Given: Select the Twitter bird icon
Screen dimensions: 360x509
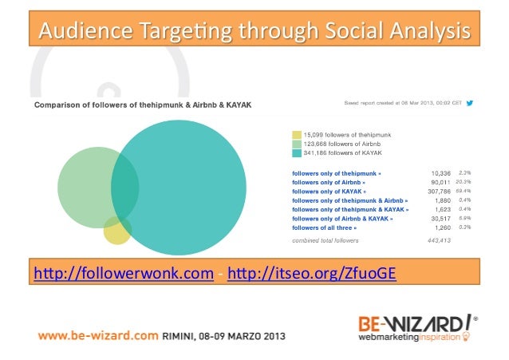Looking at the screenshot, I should click(x=470, y=103).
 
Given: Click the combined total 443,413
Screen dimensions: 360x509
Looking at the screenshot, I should click(x=439, y=239).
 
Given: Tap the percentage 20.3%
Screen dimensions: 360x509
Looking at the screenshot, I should click(x=465, y=181).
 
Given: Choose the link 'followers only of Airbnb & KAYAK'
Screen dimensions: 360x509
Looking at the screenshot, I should click(x=342, y=218).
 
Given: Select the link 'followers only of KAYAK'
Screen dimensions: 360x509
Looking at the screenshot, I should click(x=329, y=192).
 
